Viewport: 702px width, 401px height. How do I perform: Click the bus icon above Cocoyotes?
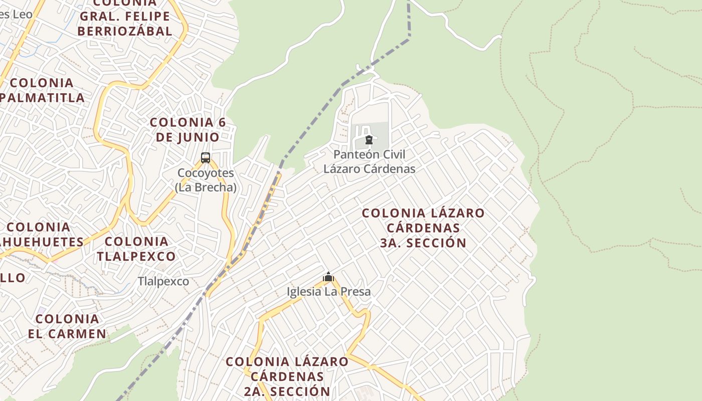pyautogui.click(x=206, y=158)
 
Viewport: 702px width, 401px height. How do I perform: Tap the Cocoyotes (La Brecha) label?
pyautogui.click(x=206, y=180)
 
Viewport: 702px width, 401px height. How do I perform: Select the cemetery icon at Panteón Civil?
pyautogui.click(x=369, y=140)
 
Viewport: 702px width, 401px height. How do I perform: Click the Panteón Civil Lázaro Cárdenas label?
pyautogui.click(x=370, y=161)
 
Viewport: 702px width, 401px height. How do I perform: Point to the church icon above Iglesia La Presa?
pyautogui.click(x=328, y=277)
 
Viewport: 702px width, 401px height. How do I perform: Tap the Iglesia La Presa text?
pyautogui.click(x=329, y=291)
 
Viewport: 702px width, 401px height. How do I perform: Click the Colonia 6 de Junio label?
pyautogui.click(x=188, y=129)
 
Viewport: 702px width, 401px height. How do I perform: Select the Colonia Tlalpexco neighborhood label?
pyautogui.click(x=136, y=249)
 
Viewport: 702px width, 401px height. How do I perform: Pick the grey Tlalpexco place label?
pyautogui.click(x=163, y=282)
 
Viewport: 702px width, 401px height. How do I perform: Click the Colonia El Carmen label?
pyautogui.click(x=67, y=326)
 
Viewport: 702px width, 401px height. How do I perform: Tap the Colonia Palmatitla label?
pyautogui.click(x=42, y=90)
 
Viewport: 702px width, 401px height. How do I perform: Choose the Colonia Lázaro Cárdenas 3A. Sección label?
pyautogui.click(x=423, y=228)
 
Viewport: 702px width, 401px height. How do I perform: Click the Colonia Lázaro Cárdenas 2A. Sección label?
pyautogui.click(x=287, y=376)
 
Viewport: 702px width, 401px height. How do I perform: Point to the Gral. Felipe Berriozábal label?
pyautogui.click(x=125, y=23)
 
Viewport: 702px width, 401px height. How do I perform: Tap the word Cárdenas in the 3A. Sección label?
pyautogui.click(x=423, y=228)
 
